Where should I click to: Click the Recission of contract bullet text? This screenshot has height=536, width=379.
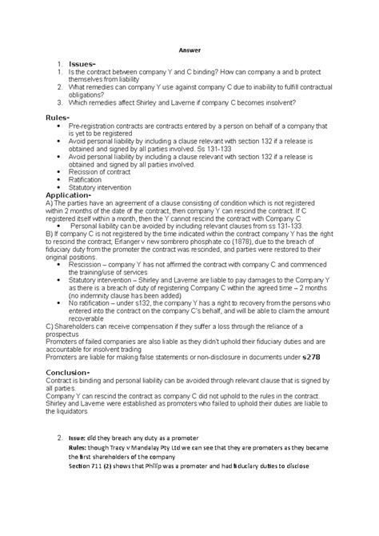click(x=104, y=173)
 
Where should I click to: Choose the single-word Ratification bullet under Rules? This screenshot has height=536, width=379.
click(x=89, y=180)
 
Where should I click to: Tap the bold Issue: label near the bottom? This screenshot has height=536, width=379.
click(x=82, y=438)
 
